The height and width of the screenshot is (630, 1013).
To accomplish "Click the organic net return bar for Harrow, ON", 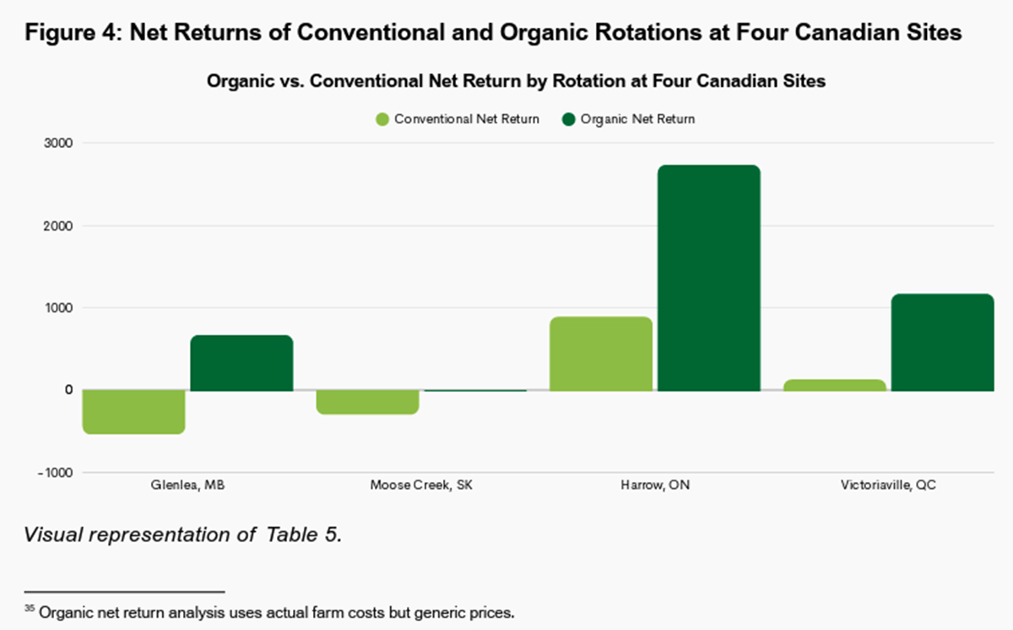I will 708,278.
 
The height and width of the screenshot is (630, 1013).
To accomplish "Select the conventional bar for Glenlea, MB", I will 133,412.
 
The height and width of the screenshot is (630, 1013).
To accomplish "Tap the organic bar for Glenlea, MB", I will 241,363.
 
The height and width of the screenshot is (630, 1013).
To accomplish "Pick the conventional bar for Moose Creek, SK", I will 367,402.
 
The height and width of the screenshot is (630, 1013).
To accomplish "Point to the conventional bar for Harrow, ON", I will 601,354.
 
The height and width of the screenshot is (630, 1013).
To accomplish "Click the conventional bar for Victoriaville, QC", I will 835,385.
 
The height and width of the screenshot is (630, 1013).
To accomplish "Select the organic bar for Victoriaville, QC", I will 942,343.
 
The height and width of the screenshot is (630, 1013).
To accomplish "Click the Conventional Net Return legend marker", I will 382,119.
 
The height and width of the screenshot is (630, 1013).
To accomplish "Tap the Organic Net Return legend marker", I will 569,119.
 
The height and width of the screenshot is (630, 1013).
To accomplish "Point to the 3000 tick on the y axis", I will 58,144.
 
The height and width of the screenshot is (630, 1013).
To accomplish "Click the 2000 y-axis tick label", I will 58,226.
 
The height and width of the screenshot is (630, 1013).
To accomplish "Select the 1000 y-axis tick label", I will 58,308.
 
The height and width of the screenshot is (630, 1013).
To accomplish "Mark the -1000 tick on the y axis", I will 56,473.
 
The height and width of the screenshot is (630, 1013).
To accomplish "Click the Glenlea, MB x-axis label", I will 188,486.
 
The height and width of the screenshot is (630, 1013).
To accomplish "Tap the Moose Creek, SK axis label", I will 421,486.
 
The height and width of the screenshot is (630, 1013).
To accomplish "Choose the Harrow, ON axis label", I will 654,486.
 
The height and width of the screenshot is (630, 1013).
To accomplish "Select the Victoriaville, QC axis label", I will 888,486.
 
